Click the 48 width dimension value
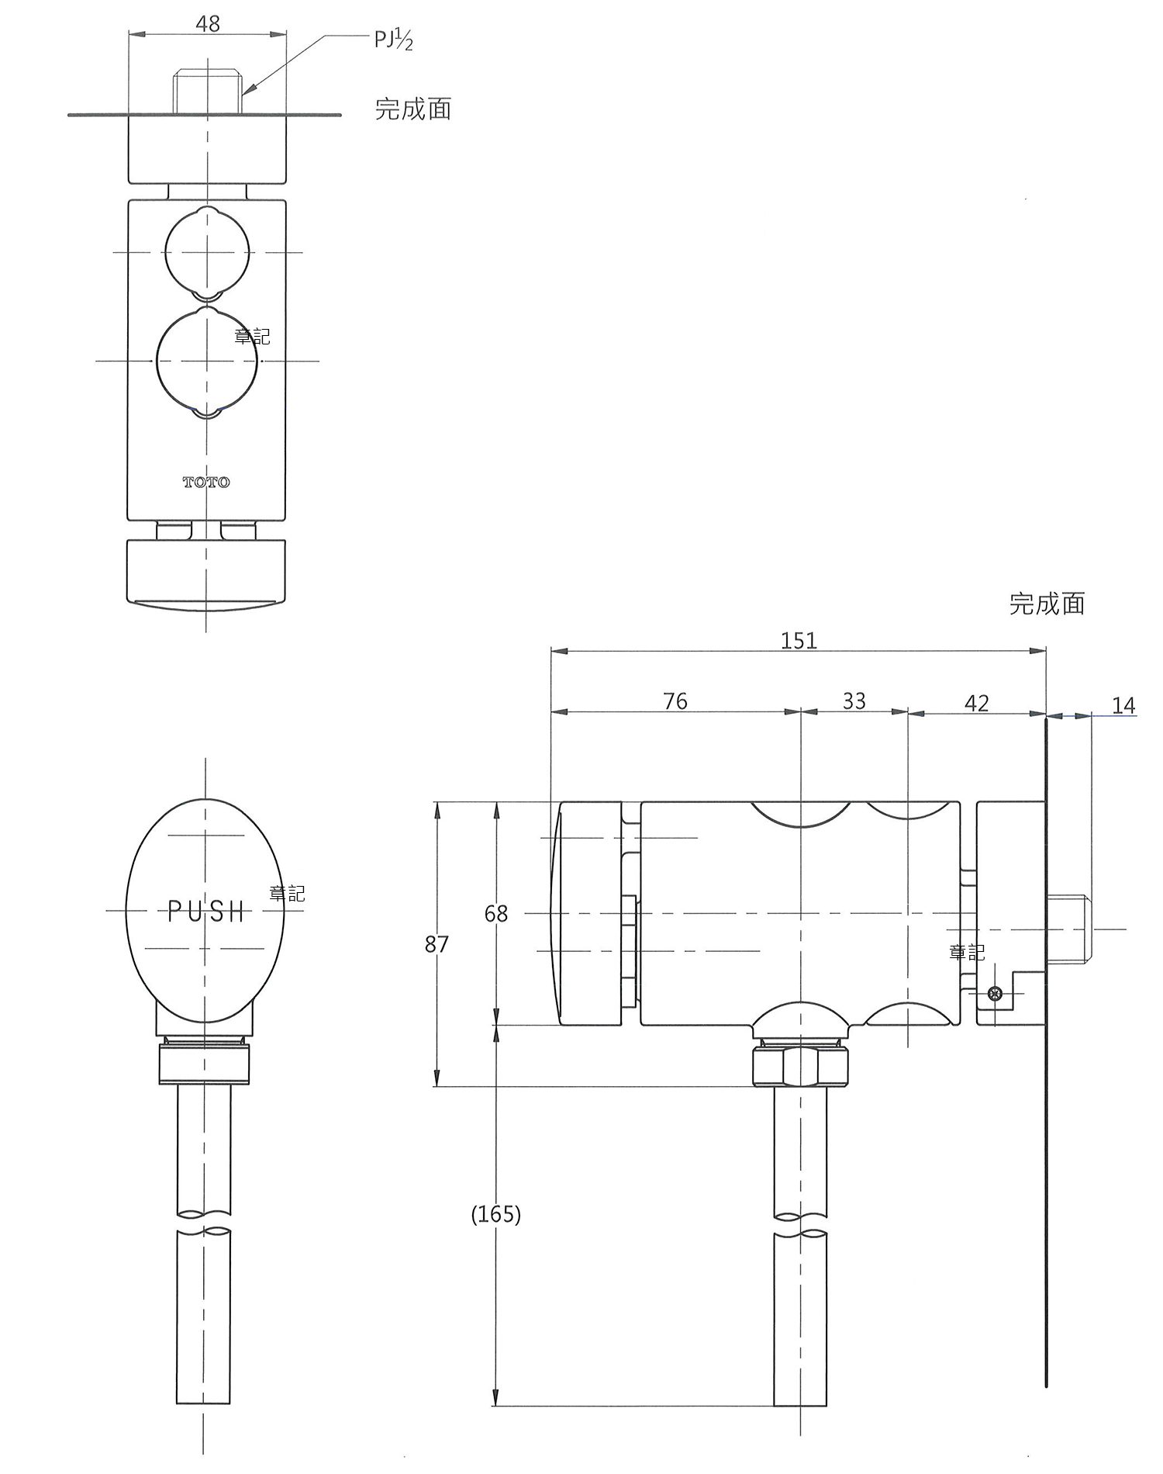(208, 24)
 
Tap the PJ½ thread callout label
(393, 39)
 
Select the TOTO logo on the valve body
(206, 483)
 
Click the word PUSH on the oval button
(206, 912)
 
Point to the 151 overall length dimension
(799, 640)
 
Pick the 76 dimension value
(675, 701)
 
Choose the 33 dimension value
(854, 701)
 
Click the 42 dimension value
(977, 703)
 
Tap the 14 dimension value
(1123, 705)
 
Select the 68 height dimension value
(496, 913)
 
